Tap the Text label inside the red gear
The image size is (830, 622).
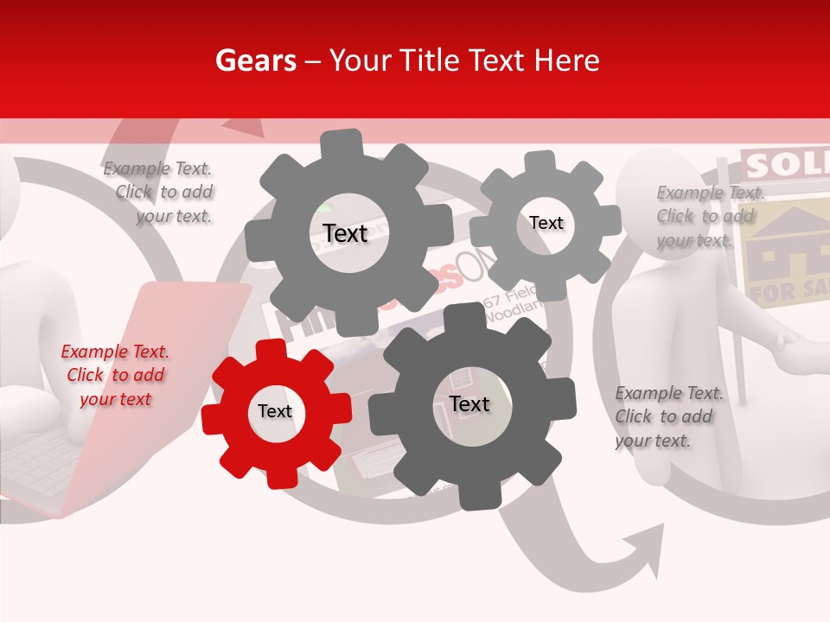click(275, 412)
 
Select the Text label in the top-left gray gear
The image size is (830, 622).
click(345, 233)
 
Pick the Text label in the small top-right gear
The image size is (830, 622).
click(546, 223)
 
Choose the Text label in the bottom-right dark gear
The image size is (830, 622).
click(469, 404)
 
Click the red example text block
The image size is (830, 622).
click(115, 376)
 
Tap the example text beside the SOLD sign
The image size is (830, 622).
click(709, 216)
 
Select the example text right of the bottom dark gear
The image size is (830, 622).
click(668, 417)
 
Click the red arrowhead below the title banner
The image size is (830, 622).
click(248, 128)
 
